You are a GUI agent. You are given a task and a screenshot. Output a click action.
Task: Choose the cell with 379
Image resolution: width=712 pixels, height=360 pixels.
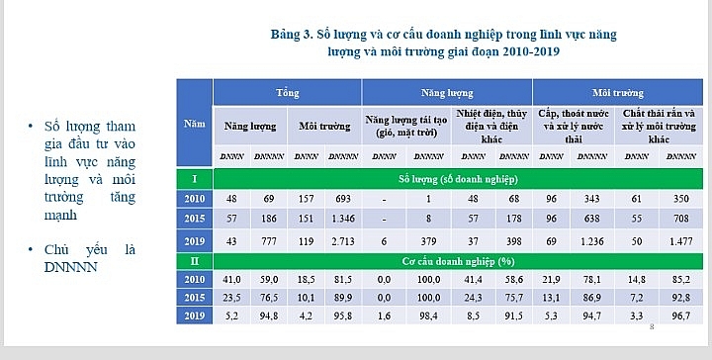(426, 240)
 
